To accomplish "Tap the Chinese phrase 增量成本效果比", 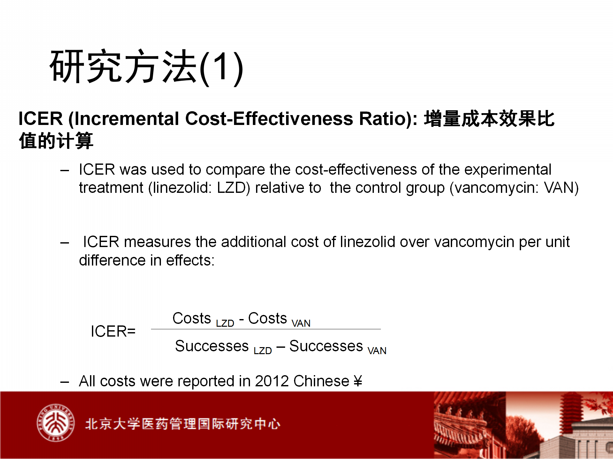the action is coord(489,119).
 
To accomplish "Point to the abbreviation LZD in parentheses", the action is coord(231,188).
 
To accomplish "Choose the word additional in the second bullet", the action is coord(254,242).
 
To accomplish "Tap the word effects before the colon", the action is coord(188,260).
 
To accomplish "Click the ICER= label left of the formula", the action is coord(113,331).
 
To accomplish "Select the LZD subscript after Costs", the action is coord(225,323).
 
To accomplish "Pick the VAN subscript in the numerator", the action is coord(301,323).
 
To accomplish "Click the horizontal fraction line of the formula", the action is coord(266,329).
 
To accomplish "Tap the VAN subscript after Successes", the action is coord(377,351).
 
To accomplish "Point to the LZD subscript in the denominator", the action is coord(263,351).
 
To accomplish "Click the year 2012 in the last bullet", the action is coord(272,381).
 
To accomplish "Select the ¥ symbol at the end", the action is coord(358,381).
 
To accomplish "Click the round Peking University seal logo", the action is coord(56,423).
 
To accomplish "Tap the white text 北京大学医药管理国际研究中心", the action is coord(183,424).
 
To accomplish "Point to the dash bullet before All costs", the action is coord(64,382).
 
